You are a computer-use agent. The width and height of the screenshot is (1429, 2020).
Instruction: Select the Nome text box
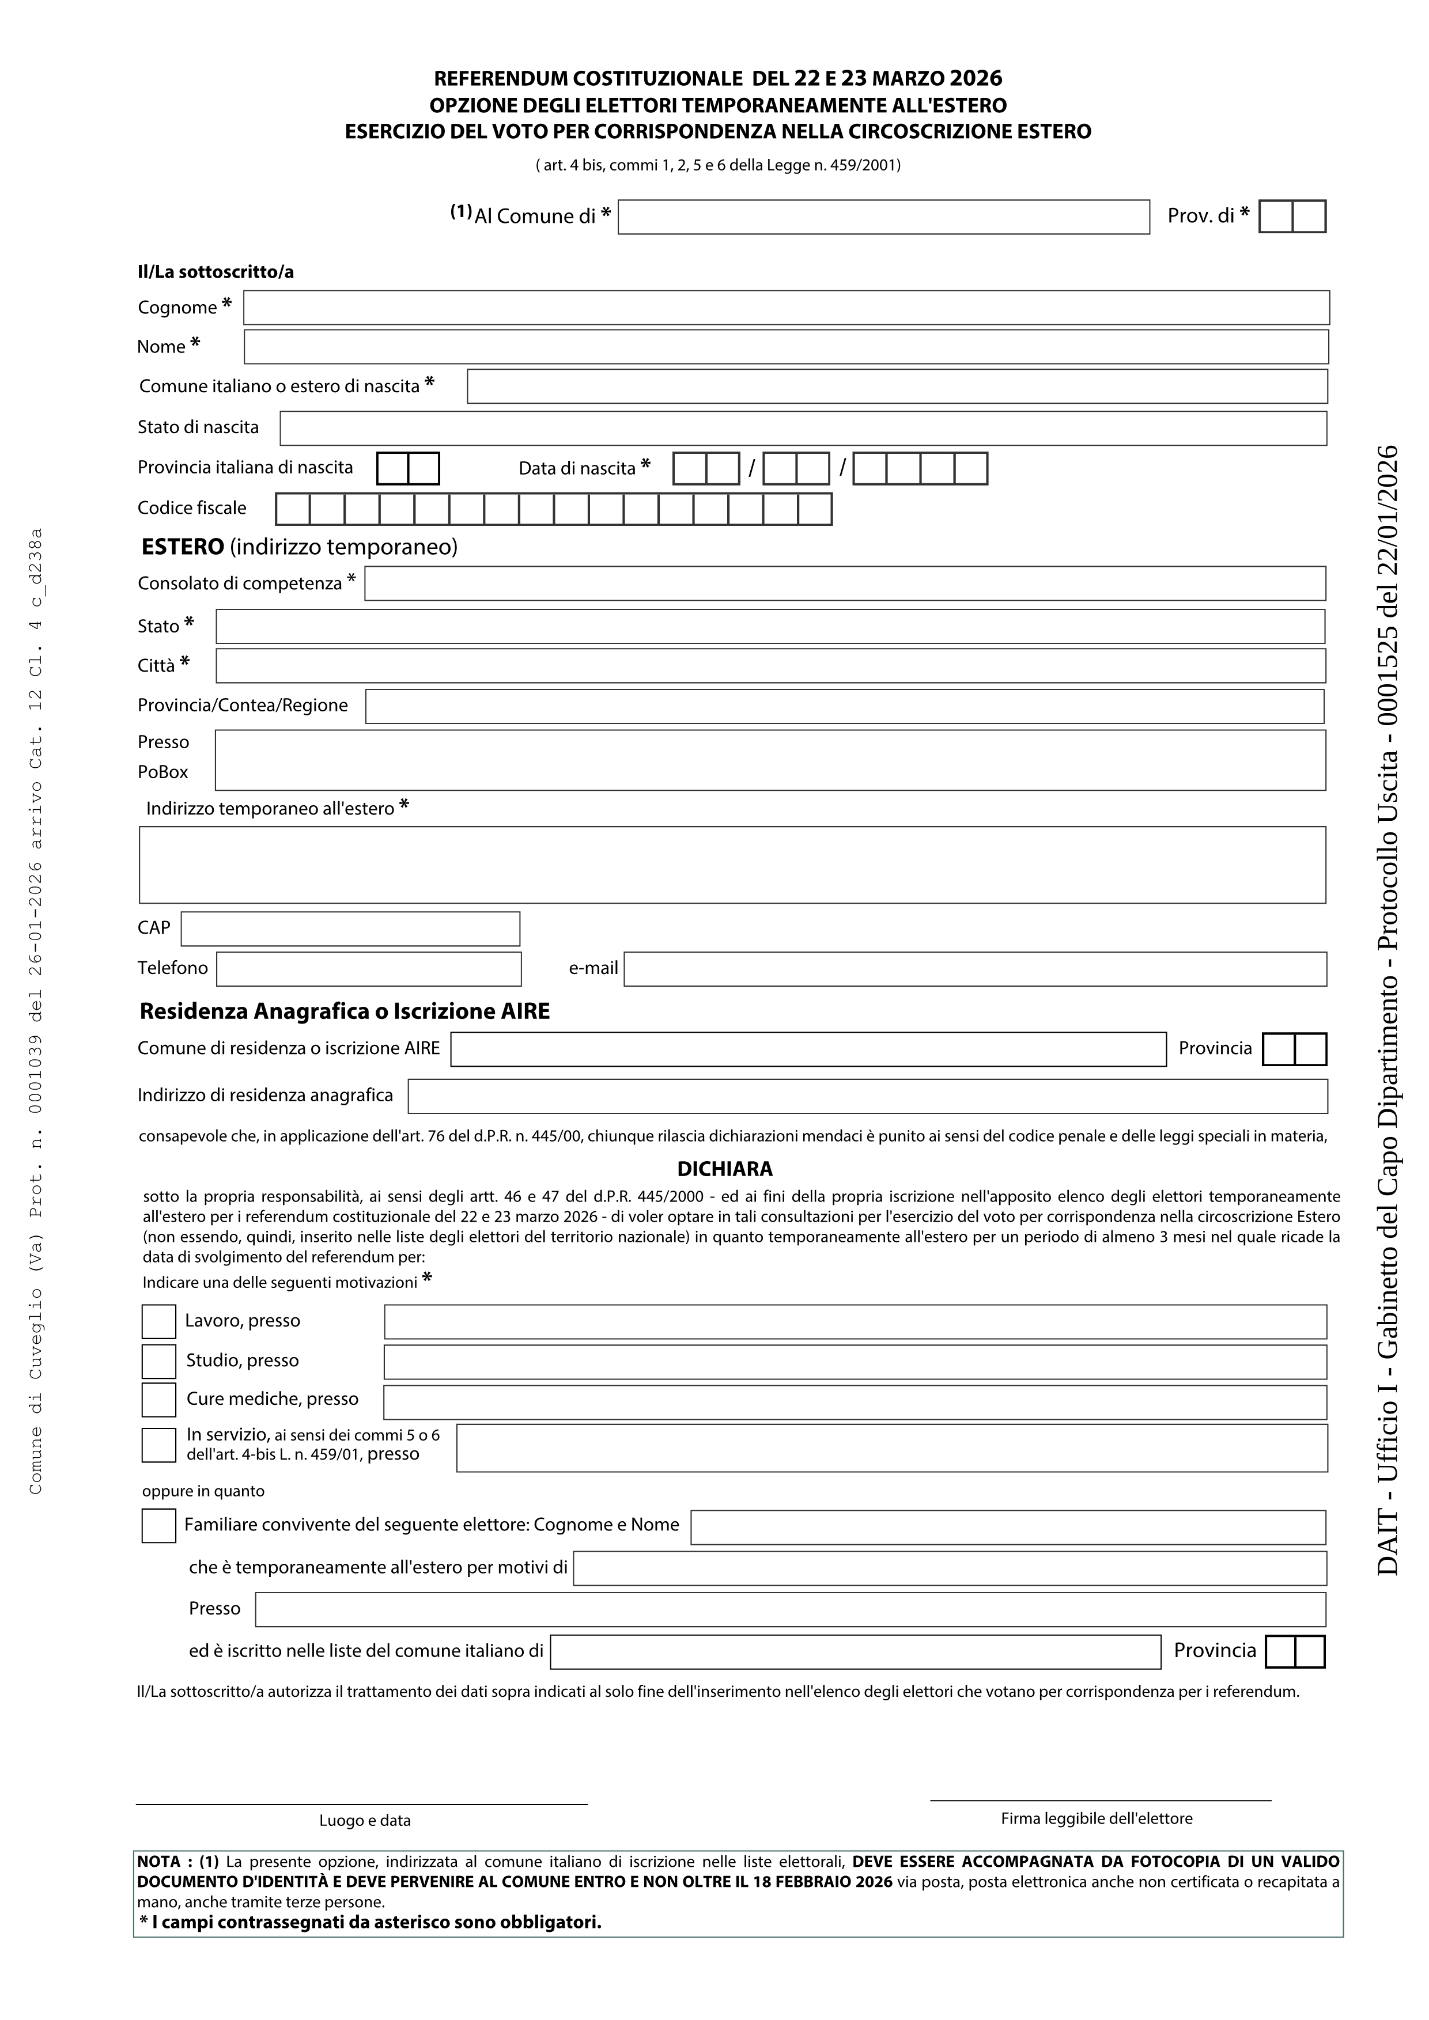[786, 347]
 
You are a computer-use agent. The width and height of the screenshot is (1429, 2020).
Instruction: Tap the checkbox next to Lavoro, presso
[158, 1321]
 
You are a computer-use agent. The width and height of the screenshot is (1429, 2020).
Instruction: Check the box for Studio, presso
[158, 1361]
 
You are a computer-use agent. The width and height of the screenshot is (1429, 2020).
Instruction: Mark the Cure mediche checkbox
[158, 1400]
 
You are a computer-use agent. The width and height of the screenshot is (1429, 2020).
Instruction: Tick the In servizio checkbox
[158, 1446]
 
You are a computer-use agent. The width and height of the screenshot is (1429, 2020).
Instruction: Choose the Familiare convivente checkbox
[158, 1526]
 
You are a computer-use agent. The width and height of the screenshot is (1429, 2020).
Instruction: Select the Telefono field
[369, 969]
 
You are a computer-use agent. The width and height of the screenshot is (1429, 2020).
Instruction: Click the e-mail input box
[975, 969]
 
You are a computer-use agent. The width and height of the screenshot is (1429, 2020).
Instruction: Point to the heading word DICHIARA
[724, 1169]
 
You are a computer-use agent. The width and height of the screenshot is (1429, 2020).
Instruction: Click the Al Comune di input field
[883, 217]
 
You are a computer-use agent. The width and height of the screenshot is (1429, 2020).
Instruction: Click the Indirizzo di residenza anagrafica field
[867, 1096]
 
